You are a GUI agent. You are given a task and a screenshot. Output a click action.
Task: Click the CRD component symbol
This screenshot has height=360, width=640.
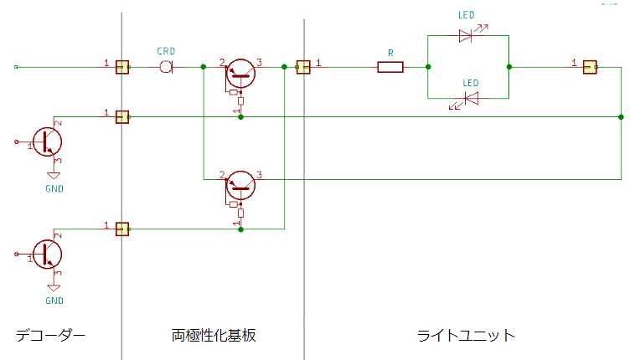[166, 67]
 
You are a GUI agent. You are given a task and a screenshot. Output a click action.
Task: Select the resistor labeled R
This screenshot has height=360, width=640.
[390, 67]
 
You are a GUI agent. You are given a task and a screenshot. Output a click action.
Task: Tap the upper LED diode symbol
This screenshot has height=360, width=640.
[466, 36]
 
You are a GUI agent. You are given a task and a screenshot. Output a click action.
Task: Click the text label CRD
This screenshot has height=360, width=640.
[166, 51]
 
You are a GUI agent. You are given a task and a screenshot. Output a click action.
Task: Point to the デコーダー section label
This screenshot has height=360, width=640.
[50, 336]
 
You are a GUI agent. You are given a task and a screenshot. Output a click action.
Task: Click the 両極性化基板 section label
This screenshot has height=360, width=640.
[214, 335]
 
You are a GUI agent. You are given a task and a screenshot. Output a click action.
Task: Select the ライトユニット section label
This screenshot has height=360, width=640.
[466, 336]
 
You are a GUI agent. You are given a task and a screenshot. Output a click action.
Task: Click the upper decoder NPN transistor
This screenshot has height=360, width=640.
[48, 141]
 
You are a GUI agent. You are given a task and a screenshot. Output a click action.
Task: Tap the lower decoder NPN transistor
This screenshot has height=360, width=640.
[48, 254]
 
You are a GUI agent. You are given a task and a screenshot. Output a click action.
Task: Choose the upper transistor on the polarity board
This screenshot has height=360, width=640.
[240, 74]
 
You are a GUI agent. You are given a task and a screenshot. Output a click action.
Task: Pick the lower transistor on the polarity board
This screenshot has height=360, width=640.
[240, 186]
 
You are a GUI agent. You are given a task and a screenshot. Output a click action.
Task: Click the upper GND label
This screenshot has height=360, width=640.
[54, 188]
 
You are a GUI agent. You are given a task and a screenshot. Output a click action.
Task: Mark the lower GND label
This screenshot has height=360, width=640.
[54, 301]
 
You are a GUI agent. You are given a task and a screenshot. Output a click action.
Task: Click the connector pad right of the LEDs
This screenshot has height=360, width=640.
[590, 67]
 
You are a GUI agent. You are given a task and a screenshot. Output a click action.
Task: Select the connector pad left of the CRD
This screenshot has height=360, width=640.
[122, 67]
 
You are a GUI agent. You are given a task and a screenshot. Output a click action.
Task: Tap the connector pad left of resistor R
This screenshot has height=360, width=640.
[303, 67]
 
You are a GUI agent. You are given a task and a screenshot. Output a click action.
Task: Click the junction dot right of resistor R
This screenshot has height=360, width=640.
[428, 67]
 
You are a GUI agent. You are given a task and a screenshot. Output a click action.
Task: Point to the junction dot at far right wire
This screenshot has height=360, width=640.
[621, 117]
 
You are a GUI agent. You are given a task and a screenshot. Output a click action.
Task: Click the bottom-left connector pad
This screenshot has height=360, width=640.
[122, 229]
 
